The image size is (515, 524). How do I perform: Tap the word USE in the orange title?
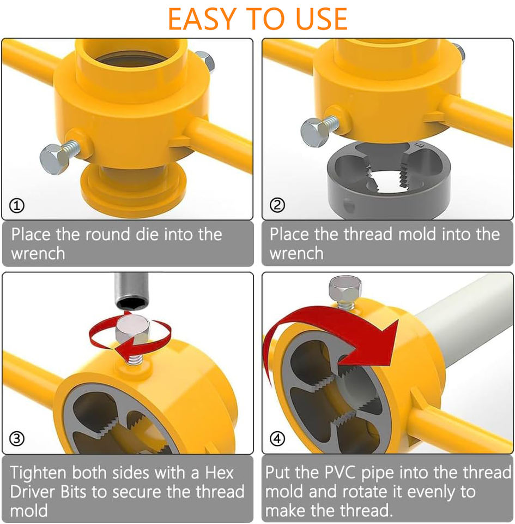(322, 19)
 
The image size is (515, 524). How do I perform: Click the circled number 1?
(17, 206)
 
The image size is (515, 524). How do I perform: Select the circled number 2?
(277, 205)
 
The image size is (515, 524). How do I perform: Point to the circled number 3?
(17, 438)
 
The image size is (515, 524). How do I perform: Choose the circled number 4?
(277, 438)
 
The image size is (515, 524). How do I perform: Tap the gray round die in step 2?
(389, 181)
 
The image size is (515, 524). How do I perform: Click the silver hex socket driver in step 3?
(131, 291)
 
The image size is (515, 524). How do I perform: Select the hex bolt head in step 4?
(345, 289)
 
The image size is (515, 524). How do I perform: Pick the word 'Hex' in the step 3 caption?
(219, 473)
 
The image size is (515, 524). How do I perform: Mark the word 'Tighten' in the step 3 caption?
(38, 473)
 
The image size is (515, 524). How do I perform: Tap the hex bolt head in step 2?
(315, 132)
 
